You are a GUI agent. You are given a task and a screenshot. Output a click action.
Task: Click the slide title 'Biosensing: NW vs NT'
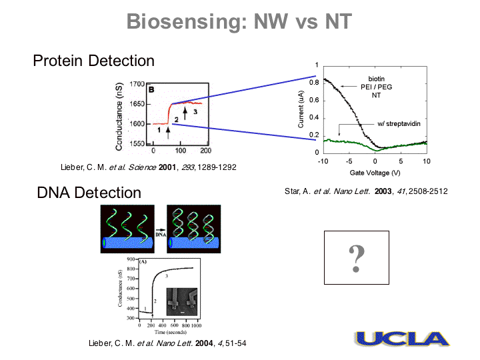(x=239, y=22)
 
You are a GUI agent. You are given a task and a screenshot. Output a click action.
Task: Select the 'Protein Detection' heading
(x=94, y=61)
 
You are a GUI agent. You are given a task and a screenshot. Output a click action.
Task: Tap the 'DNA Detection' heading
(x=89, y=193)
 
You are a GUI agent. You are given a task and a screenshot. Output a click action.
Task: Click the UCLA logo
(x=401, y=339)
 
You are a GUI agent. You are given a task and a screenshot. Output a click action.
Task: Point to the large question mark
(x=357, y=258)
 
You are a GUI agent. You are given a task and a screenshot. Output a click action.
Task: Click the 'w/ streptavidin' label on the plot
(x=399, y=124)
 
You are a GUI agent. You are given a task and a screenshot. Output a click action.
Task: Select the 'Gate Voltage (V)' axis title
(x=374, y=173)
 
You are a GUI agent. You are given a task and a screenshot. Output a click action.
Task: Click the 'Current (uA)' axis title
(x=301, y=109)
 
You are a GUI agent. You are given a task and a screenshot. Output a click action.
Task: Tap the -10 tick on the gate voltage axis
(x=323, y=161)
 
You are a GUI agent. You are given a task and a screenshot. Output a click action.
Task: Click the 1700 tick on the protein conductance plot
(x=137, y=85)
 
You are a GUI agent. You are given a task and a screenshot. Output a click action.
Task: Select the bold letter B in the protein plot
(x=151, y=88)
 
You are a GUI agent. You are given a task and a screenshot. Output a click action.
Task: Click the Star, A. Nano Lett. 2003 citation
(x=366, y=191)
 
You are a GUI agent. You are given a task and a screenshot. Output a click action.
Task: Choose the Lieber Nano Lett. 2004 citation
(x=163, y=343)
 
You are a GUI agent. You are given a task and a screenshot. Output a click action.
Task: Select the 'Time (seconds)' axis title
(x=169, y=331)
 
